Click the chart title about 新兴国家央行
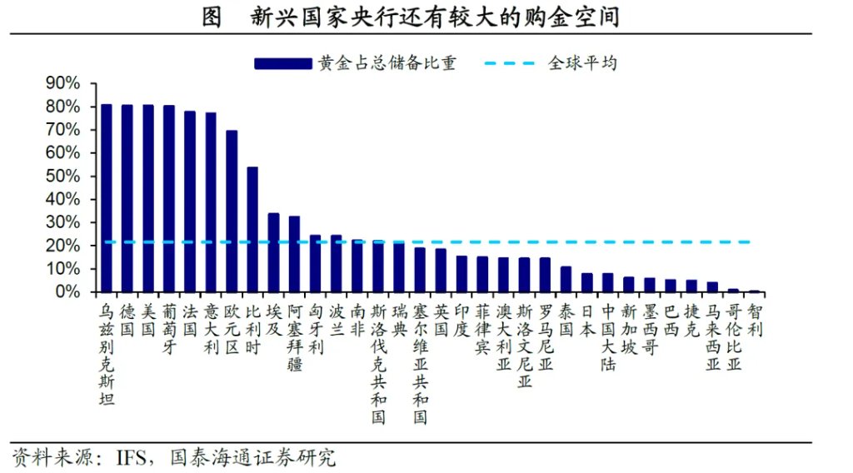[x=425, y=17]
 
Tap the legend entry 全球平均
[x=582, y=62]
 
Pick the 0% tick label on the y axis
[x=67, y=292]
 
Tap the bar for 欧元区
[x=232, y=212]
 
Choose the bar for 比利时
[x=252, y=230]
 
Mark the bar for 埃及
[x=273, y=253]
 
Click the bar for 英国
[x=441, y=271]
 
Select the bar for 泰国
[x=566, y=280]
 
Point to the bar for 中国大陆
[x=608, y=283]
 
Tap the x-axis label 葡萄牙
[x=169, y=329]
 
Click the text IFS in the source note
[x=132, y=457]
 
